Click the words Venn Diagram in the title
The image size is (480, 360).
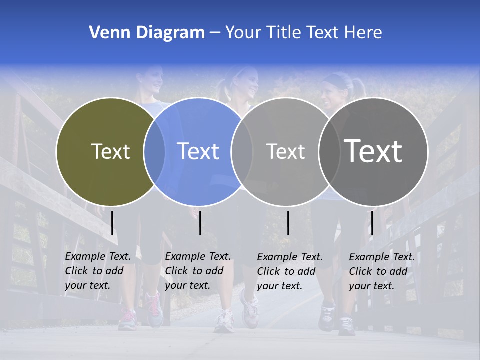point(147,33)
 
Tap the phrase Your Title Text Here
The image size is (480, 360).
point(303,33)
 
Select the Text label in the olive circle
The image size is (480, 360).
point(110,151)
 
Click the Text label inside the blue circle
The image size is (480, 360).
point(198,151)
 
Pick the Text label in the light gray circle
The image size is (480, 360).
point(285,151)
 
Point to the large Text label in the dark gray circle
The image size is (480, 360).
point(373,151)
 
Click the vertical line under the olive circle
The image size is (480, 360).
point(112,223)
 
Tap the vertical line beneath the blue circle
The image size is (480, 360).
point(200,223)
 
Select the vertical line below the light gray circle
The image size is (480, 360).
point(288,223)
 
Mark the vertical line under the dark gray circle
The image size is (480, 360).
point(372,223)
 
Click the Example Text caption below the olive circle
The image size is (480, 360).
point(97,271)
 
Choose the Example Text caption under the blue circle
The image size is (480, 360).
point(197,271)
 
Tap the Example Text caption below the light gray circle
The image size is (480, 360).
point(289,271)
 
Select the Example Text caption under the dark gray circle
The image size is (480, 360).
point(381,271)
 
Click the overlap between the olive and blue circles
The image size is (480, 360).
point(154,152)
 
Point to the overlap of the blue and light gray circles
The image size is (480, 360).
point(242,152)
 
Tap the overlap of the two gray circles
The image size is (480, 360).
point(327,152)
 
